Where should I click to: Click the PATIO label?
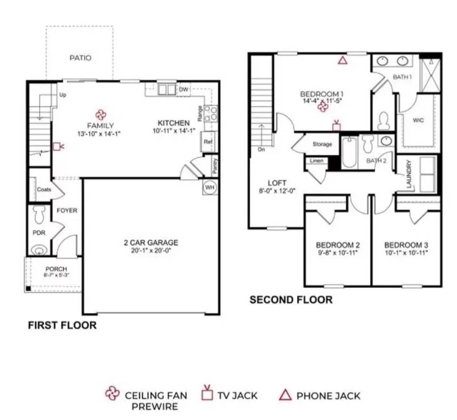tap(80, 58)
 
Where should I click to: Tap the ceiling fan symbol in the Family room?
tap(101, 115)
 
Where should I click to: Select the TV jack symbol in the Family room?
tap(58, 146)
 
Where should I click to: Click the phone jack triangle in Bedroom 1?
tap(343, 61)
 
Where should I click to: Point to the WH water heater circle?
tap(209, 187)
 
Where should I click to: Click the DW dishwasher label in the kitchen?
tap(183, 89)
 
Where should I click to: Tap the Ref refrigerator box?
tap(209, 142)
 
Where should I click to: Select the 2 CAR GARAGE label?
tap(151, 243)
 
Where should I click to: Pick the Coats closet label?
tap(44, 189)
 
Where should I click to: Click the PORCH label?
tap(56, 269)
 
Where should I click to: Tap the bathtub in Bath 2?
tap(349, 153)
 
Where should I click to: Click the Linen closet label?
tap(317, 161)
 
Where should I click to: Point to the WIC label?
tap(418, 120)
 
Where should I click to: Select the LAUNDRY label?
tap(408, 174)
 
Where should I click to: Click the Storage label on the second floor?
tap(322, 144)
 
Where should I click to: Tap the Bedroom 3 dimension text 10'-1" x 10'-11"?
tap(407, 253)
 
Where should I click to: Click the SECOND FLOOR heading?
tap(291, 300)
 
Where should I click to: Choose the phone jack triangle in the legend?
tap(285, 395)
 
